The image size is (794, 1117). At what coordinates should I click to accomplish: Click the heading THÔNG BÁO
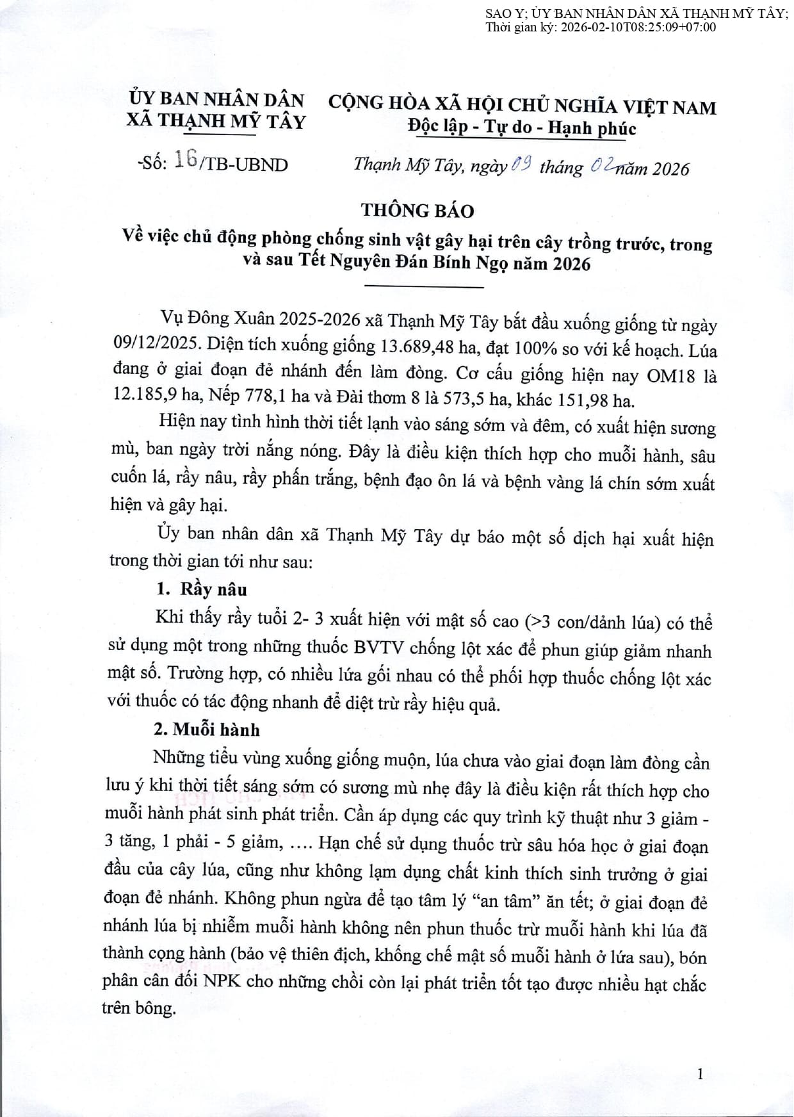point(417,210)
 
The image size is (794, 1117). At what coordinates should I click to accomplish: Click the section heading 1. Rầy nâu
point(202,589)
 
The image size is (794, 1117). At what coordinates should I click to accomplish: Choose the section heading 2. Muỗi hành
point(206,730)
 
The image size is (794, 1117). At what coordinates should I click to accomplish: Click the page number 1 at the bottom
point(701,1074)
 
